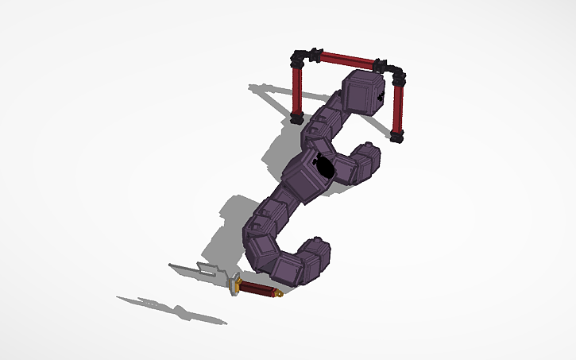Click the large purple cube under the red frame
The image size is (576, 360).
pyautogui.click(x=363, y=95)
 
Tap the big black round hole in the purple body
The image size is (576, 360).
pyautogui.click(x=324, y=165)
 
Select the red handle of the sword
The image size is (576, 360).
pyautogui.click(x=257, y=288)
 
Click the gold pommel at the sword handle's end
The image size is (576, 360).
pyautogui.click(x=280, y=295)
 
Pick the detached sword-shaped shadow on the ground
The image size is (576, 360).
pyautogui.click(x=171, y=310)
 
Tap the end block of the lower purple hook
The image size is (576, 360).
pyautogui.click(x=316, y=253)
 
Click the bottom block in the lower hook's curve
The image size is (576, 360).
pyautogui.click(x=288, y=269)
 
